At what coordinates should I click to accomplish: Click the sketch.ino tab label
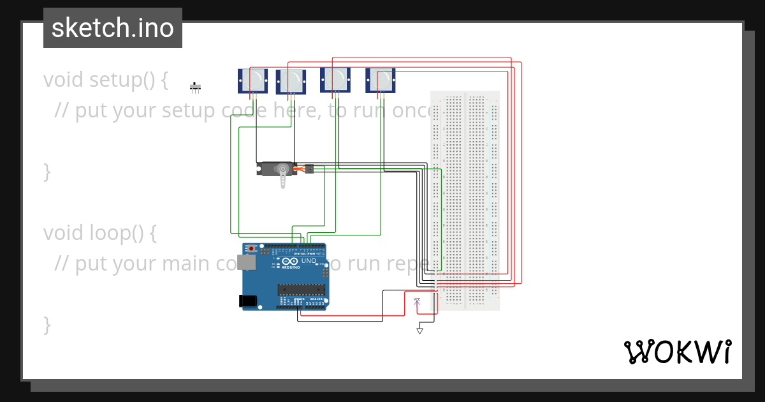click(x=112, y=28)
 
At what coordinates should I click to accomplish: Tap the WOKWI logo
click(x=677, y=352)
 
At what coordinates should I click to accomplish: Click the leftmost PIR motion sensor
click(x=252, y=80)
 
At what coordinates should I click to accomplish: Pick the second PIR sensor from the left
click(x=291, y=82)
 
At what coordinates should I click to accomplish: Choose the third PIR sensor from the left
click(x=335, y=80)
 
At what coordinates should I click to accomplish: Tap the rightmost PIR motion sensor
click(x=381, y=80)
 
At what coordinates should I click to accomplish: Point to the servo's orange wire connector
click(x=309, y=168)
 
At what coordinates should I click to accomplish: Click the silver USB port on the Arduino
click(x=245, y=262)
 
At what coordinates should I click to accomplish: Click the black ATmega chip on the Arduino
click(x=301, y=290)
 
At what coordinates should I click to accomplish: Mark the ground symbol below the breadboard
click(x=419, y=331)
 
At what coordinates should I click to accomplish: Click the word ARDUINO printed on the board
click(x=290, y=267)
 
